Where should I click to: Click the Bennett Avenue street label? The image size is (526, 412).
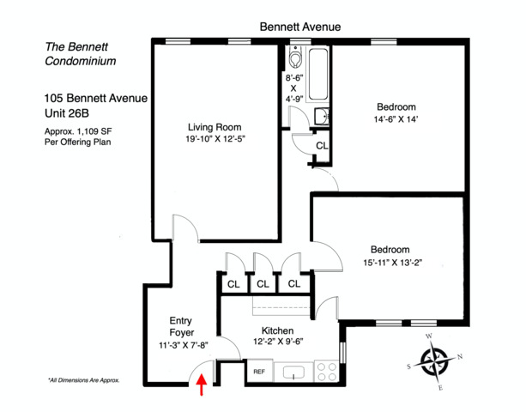click(x=300, y=27)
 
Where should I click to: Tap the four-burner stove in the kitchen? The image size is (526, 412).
click(x=327, y=371)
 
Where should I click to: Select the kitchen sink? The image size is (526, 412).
click(x=294, y=373)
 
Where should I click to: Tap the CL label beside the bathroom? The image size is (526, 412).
click(x=322, y=147)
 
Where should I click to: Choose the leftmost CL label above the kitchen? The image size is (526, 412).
click(x=233, y=284)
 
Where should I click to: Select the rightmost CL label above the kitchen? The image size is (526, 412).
click(x=293, y=284)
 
